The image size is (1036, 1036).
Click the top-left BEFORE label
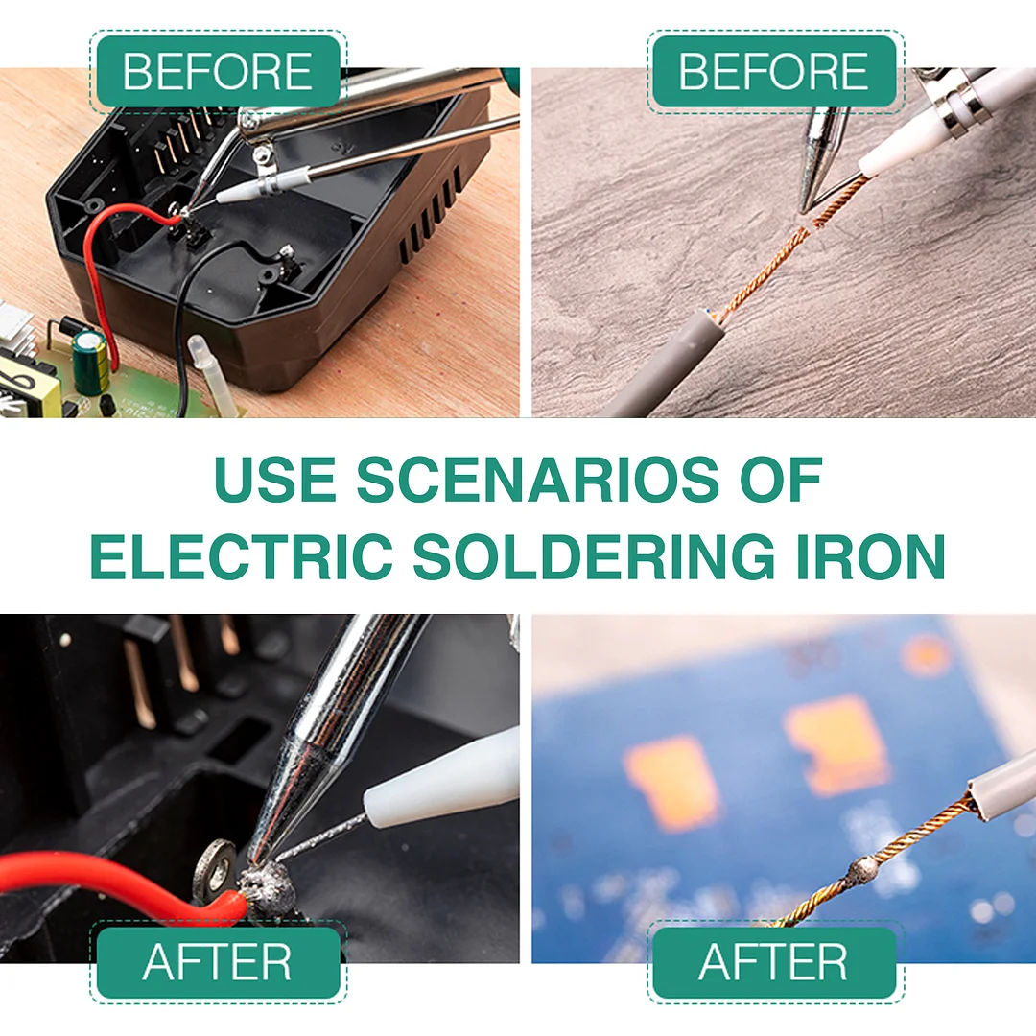(218, 72)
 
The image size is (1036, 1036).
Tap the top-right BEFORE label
(774, 72)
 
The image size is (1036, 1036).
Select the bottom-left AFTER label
(218, 962)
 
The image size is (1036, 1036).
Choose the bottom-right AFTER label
(774, 962)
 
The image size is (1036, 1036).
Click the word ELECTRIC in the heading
(241, 553)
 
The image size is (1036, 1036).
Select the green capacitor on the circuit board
(90, 362)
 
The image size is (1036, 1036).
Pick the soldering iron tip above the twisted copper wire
(820, 163)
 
